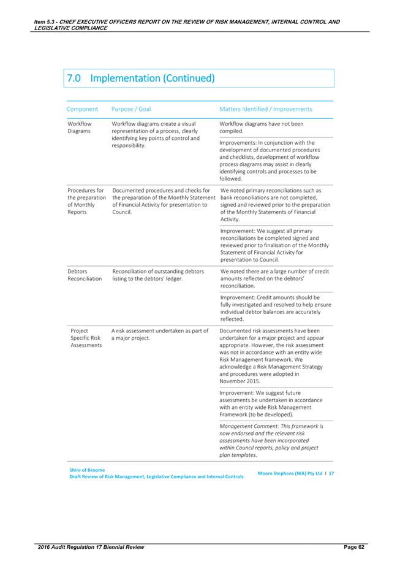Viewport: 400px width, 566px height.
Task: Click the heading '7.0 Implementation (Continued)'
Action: pos(140,78)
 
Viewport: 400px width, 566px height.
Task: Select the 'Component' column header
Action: pos(82,109)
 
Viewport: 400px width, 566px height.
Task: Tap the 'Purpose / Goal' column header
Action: pos(131,109)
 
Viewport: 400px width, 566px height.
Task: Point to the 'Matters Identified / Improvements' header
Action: pos(265,109)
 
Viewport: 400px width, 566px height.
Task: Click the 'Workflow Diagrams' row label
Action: pos(79,127)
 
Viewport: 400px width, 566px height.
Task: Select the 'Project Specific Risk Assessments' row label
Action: pos(86,338)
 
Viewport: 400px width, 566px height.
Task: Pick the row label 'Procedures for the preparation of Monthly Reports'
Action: pos(86,202)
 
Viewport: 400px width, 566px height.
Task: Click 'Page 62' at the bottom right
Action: pos(353,546)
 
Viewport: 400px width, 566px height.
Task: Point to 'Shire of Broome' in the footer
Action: pos(88,470)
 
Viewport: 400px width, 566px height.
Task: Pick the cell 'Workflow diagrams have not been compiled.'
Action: pos(261,127)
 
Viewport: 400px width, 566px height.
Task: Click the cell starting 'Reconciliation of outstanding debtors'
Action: pos(158,275)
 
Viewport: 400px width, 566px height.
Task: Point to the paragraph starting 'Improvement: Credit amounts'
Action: pos(275,308)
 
